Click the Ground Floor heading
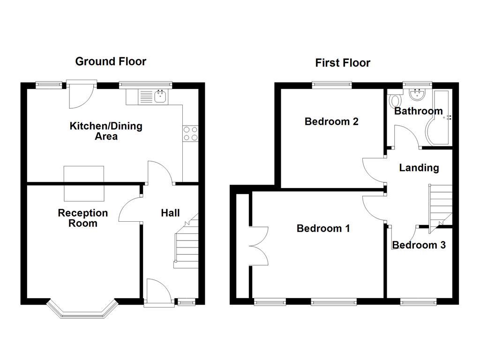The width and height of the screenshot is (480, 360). [x=111, y=61]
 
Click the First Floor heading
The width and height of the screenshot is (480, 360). [x=342, y=63]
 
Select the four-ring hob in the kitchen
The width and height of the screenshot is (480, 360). [x=190, y=134]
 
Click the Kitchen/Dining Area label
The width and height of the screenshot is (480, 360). [x=106, y=131]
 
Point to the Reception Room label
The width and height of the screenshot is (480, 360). [x=83, y=218]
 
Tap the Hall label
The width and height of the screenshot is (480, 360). [x=170, y=213]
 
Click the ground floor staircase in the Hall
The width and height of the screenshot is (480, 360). [x=187, y=244]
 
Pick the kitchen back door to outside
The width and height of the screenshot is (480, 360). [x=81, y=94]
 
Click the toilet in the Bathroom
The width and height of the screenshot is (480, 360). [x=394, y=100]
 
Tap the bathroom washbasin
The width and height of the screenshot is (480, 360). [x=416, y=95]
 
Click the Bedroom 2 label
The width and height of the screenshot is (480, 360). [x=331, y=122]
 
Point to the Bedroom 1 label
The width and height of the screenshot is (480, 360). [x=323, y=229]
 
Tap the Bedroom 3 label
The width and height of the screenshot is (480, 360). [x=419, y=245]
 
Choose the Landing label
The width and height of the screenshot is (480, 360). [x=419, y=168]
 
